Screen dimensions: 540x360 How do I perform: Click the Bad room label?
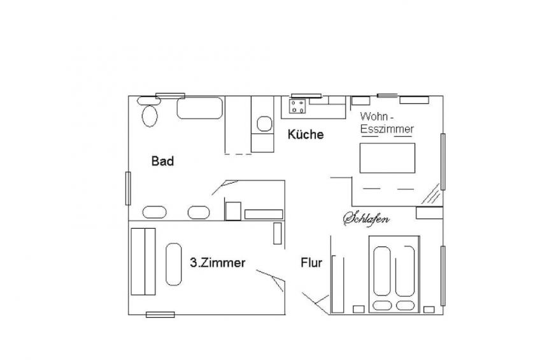pos(162,161)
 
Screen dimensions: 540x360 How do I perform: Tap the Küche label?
pos(306,134)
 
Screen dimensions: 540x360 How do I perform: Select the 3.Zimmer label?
pos(218,263)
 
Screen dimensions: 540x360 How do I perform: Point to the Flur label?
pos(311,263)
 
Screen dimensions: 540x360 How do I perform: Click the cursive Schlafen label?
pos(366,219)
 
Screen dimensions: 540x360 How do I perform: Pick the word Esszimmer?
pos(387,129)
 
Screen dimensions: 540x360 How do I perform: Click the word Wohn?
pos(374,116)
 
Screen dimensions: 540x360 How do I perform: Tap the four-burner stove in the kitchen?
pos(297,106)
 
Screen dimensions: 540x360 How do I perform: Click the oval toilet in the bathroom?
pos(150,116)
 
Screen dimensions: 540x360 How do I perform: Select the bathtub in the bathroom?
pos(200,108)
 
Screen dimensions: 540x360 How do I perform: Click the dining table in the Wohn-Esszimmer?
pos(387,158)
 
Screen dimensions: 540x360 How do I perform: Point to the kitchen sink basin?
pos(264,124)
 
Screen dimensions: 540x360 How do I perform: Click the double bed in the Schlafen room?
pos(394,274)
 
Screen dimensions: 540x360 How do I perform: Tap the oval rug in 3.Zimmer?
pos(174,264)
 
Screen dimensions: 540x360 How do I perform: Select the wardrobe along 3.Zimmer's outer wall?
pos(143,261)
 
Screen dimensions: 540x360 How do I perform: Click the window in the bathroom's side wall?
pos(128,188)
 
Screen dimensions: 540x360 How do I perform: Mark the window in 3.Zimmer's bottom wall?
pos(160,315)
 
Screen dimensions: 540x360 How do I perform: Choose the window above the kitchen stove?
pos(306,96)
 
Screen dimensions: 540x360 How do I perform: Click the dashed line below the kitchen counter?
pos(238,154)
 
